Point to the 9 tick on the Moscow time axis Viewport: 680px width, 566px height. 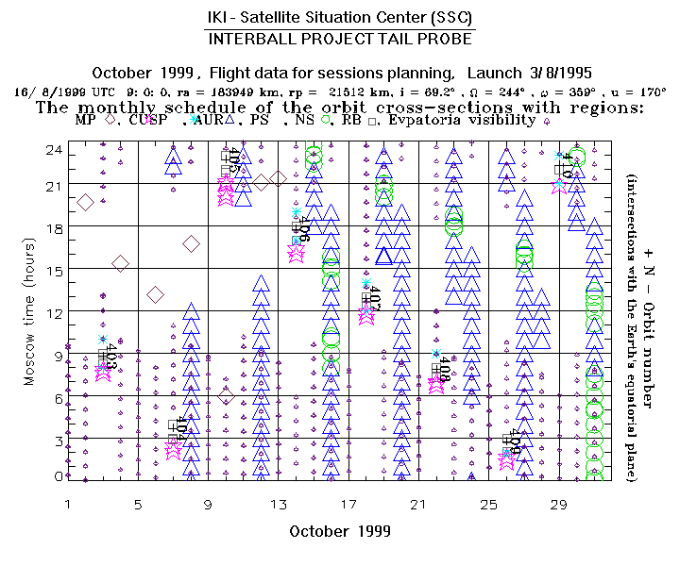click(57, 357)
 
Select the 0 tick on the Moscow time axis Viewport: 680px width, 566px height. click(57, 475)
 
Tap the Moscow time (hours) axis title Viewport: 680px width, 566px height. click(29, 312)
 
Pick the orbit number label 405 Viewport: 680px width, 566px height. click(233, 159)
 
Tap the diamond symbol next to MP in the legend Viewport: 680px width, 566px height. click(110, 121)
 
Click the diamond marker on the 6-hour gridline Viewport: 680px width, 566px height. click(225, 396)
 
